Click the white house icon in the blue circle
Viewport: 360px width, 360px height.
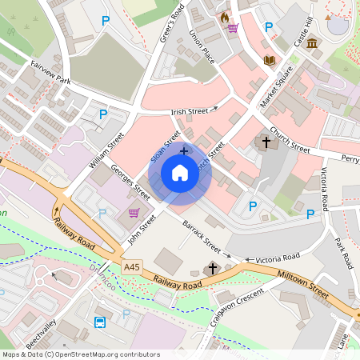pos(180,172)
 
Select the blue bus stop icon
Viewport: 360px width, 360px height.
pos(100,322)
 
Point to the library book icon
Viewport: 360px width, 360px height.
pos(270,60)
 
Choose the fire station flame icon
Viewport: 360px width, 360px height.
pos(225,16)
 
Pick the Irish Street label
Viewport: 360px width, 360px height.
pos(189,111)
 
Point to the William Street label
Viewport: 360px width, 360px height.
pos(106,151)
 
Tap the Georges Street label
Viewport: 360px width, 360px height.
pos(130,182)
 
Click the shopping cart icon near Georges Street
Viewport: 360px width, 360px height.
pos(134,213)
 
